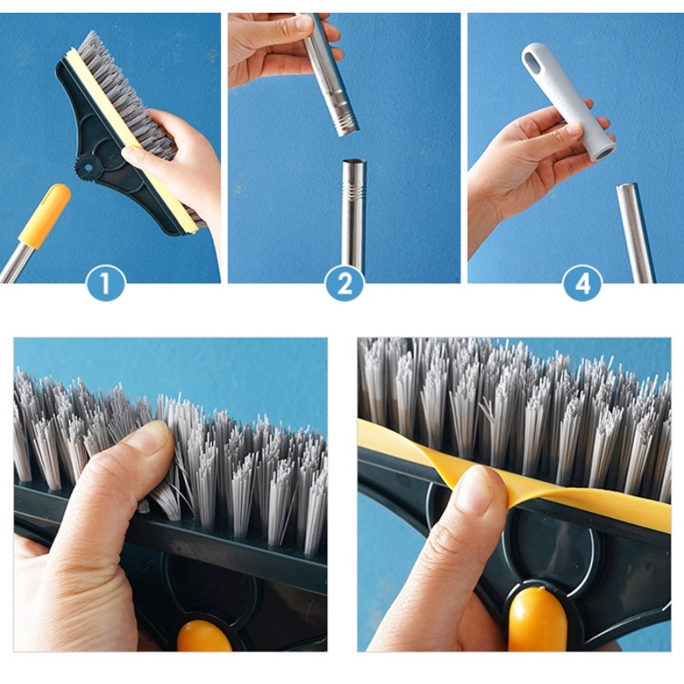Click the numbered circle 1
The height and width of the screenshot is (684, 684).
click(106, 283)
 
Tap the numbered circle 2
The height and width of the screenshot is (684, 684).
click(345, 283)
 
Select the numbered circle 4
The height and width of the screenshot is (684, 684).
click(583, 283)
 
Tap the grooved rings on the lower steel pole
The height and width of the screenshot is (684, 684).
click(354, 192)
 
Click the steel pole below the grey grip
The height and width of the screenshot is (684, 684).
click(636, 234)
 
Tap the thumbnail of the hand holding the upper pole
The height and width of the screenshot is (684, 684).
click(303, 22)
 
